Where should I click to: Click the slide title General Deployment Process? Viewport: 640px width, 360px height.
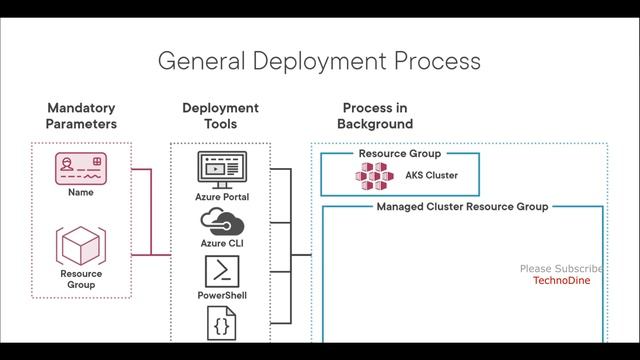pos(319,60)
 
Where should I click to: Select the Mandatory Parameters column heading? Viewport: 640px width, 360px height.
pos(81,116)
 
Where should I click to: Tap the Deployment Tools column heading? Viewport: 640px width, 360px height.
pos(220,116)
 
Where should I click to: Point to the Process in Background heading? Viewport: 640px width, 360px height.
pos(375,116)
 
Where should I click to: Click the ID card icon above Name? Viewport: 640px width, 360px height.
pos(81,167)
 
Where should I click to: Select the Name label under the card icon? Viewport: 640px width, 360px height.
pos(81,192)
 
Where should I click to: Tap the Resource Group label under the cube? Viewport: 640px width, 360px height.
pos(81,279)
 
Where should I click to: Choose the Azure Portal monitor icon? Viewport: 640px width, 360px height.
pos(221,169)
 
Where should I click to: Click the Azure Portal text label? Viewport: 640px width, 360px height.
pos(221,197)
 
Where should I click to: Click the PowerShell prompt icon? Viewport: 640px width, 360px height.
pos(221,271)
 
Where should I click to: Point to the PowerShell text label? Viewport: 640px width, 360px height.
pos(221,296)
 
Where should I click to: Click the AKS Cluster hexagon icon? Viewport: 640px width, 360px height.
pos(376,177)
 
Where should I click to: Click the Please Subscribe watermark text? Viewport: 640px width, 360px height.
pos(561,268)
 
